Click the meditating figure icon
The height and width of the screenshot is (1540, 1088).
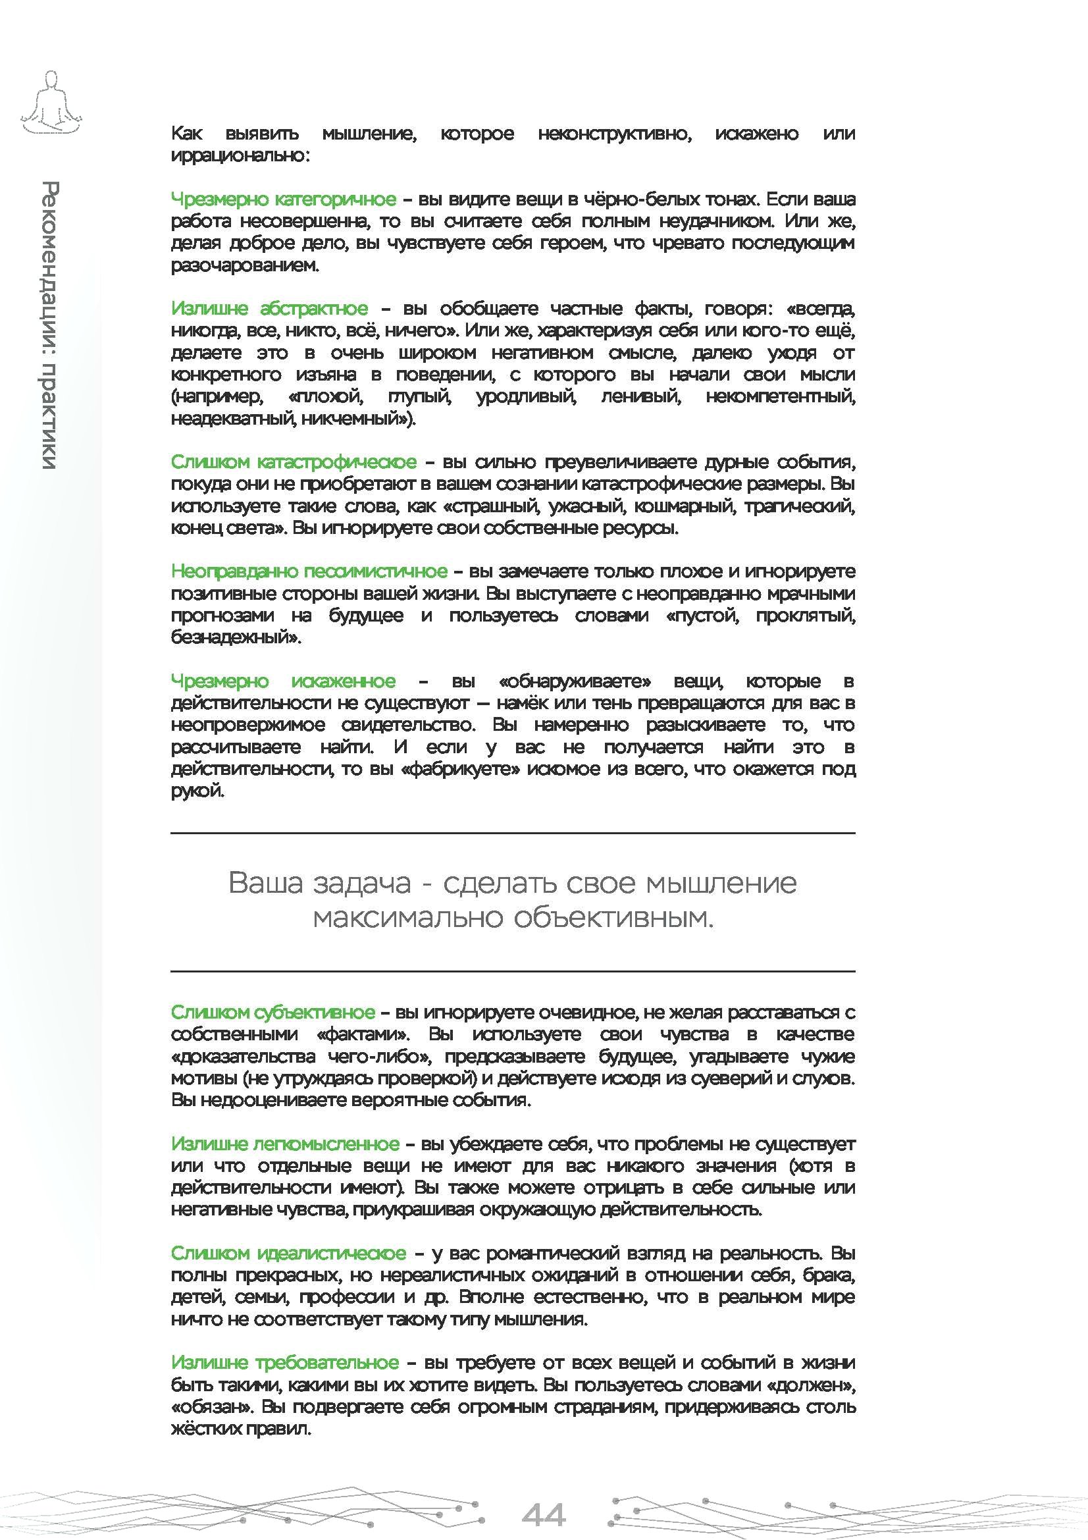50,103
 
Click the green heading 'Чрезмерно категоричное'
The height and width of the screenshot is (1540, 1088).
283,199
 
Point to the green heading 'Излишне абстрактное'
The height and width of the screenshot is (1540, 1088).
269,309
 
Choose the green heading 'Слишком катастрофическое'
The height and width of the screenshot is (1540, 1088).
293,462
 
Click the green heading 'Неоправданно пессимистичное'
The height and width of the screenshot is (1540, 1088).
309,571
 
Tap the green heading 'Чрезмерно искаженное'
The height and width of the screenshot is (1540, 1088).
283,681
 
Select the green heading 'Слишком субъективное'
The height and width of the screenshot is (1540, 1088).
272,1012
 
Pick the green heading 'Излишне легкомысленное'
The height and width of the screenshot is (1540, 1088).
285,1144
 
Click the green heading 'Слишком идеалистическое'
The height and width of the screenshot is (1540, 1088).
288,1253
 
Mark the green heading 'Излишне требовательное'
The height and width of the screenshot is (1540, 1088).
285,1363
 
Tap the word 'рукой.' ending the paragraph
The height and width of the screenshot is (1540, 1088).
197,791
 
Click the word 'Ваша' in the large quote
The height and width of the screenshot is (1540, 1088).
265,883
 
